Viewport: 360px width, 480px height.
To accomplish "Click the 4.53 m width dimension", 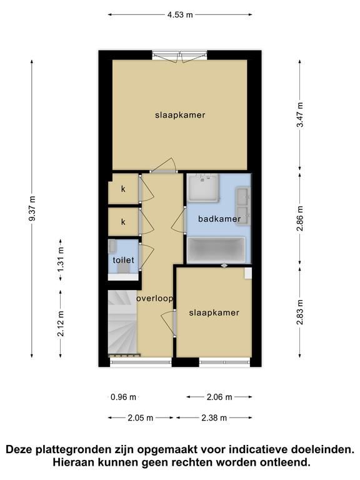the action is pyautogui.click(x=180, y=14).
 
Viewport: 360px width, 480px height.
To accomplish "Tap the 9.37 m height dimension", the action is pyautogui.click(x=32, y=208).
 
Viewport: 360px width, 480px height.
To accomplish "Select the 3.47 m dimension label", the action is pyautogui.click(x=300, y=114).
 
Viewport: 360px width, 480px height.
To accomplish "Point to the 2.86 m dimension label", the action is pyautogui.click(x=300, y=218).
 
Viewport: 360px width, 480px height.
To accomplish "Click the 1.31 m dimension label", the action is pyautogui.click(x=61, y=259).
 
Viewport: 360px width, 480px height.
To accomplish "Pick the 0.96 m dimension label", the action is pyautogui.click(x=123, y=397).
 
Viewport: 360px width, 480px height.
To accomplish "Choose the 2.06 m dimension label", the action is pyautogui.click(x=219, y=397).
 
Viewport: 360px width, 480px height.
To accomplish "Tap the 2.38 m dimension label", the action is pyautogui.click(x=214, y=417).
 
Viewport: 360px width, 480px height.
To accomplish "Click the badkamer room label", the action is pyautogui.click(x=219, y=219).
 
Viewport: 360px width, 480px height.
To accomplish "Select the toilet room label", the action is pyautogui.click(x=123, y=260).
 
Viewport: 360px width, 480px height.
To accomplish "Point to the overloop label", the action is pyautogui.click(x=154, y=298).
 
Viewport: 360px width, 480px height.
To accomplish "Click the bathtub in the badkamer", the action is pyautogui.click(x=216, y=250).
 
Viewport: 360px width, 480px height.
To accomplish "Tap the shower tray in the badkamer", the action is pyautogui.click(x=203, y=188).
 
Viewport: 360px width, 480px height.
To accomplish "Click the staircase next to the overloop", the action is pyautogui.click(x=122, y=322).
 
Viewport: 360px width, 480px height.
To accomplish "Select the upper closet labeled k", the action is pyautogui.click(x=123, y=189).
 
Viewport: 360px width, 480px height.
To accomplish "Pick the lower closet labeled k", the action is pyautogui.click(x=123, y=222).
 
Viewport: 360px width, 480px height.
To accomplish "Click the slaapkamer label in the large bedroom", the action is pyautogui.click(x=180, y=115).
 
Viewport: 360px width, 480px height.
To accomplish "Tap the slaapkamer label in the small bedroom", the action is pyautogui.click(x=214, y=312).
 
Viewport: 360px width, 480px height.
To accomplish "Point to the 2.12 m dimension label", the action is pyautogui.click(x=61, y=323).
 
